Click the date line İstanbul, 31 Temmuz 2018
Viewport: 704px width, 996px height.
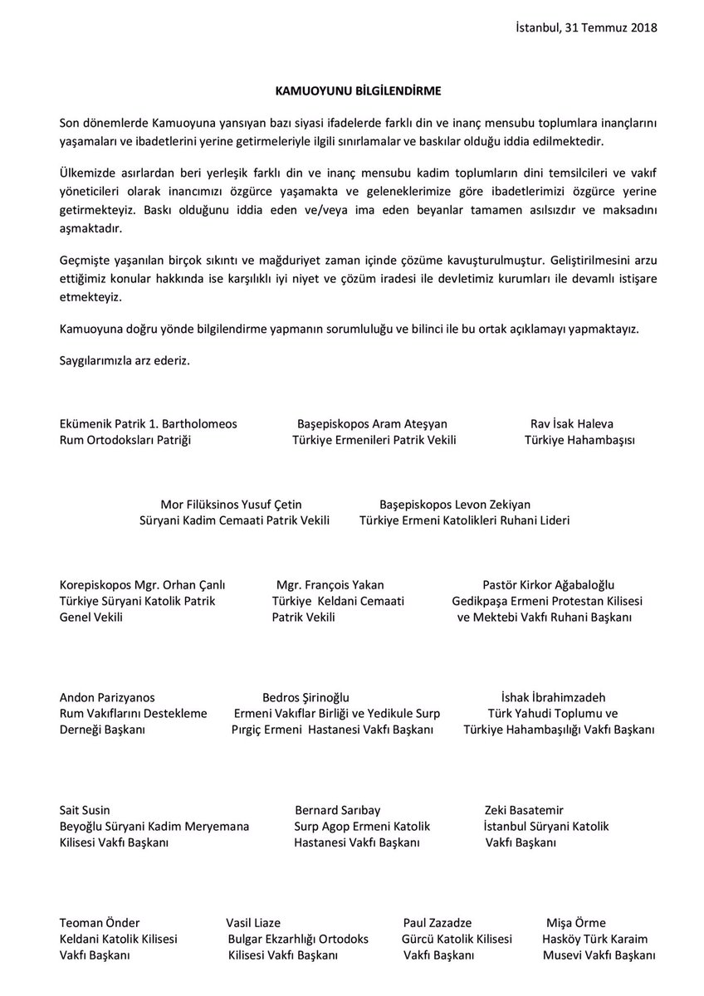pos(585,27)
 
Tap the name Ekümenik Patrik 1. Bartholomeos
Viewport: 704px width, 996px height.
pos(149,423)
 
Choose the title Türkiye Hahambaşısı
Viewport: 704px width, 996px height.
pos(579,440)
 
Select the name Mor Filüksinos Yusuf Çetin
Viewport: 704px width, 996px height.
pos(231,504)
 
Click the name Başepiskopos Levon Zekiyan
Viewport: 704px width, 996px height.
pos(455,504)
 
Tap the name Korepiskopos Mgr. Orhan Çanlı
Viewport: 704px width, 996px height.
pos(143,584)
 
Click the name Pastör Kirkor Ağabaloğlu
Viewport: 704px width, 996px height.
pos(548,584)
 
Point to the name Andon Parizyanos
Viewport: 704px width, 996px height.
pos(107,697)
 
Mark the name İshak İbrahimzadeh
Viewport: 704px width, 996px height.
pos(549,697)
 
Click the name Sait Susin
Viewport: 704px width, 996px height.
pos(85,810)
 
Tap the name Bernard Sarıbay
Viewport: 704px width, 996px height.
pos(338,810)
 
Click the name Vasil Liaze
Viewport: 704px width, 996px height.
pos(253,922)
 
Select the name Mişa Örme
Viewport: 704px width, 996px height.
pos(575,922)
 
